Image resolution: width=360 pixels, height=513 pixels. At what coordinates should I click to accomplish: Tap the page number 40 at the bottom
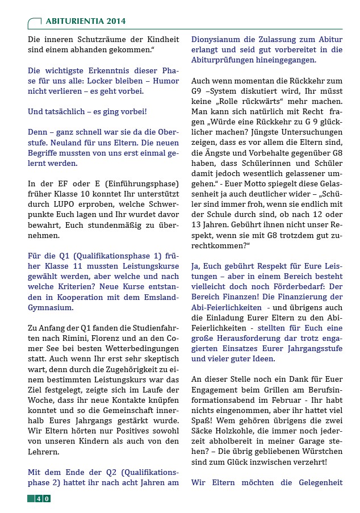[x=39, y=498]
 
